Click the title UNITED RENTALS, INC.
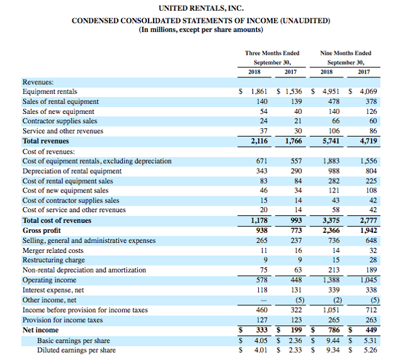201,8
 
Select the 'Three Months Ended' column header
271,53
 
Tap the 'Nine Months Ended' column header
345,53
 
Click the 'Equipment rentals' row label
48,91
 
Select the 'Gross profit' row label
42,230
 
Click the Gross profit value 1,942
366,230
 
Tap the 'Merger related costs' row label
54,250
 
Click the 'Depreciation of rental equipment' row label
72,171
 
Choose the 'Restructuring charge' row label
54,260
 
